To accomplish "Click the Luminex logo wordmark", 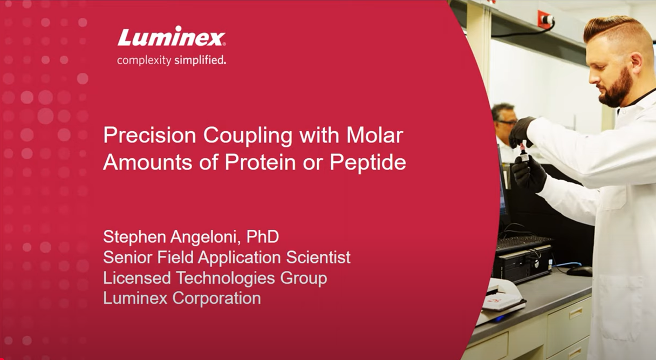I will (171, 38).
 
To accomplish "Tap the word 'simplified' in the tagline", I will (200, 60).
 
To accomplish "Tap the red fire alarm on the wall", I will (545, 19).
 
